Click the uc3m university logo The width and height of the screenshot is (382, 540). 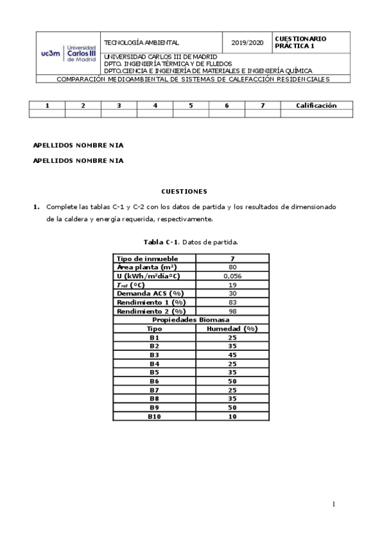coord(68,53)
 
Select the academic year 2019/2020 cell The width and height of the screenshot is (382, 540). coord(247,43)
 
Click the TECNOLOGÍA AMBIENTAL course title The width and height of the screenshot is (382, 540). coord(142,43)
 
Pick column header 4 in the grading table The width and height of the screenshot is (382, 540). coord(155,106)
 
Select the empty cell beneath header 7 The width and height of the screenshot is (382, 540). coord(263,114)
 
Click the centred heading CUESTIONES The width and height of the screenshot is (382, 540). coord(191,191)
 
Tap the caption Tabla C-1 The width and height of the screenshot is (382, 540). coord(191,242)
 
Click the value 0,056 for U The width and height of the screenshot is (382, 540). coord(232,276)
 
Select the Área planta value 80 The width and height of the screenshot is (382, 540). coord(232,267)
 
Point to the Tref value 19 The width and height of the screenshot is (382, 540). coord(232,285)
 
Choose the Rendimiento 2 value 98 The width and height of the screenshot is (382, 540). coord(232,311)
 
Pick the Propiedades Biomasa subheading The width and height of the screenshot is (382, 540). coord(191,320)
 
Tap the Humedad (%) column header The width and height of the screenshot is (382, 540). coord(232,329)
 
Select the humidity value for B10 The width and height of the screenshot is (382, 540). coord(232,416)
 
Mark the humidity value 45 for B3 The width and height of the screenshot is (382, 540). coord(232,355)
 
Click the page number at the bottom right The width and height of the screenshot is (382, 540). coord(333,505)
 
